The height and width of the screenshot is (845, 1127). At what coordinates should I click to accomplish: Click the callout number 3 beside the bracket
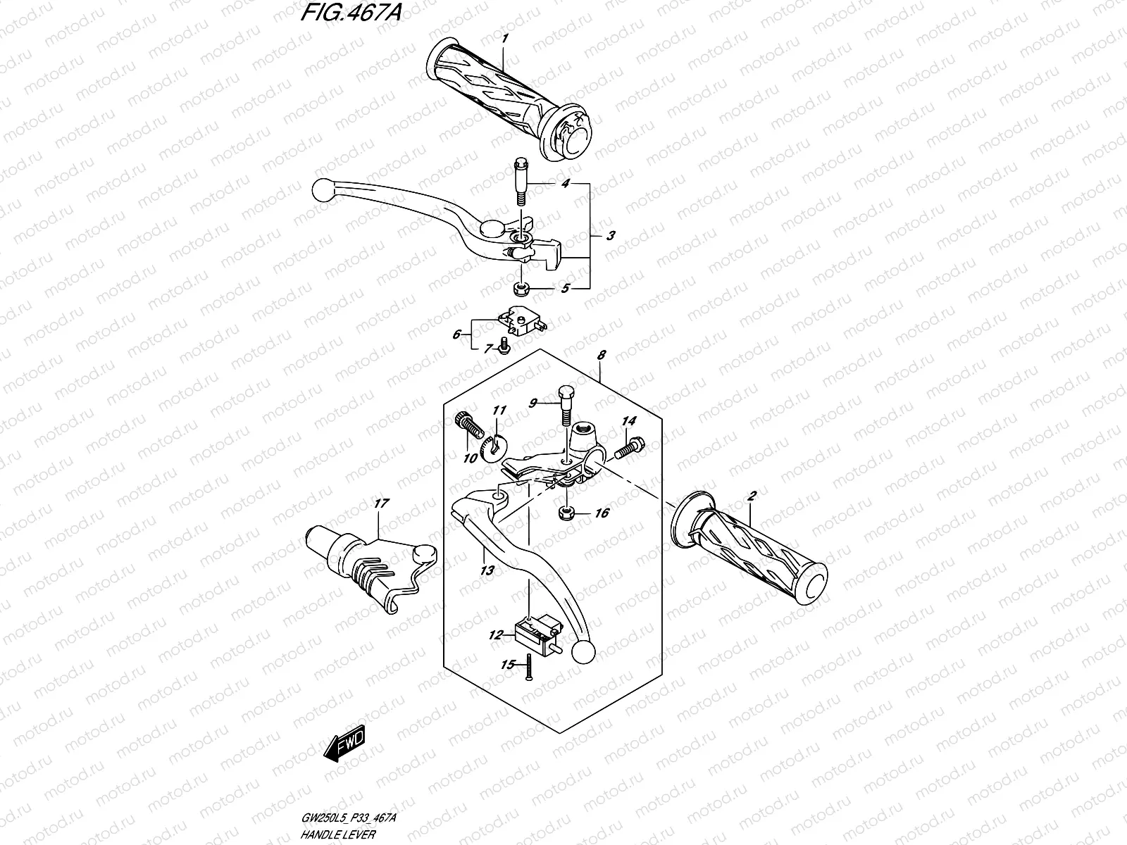click(x=610, y=236)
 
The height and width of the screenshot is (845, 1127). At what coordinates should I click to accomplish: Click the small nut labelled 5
click(x=522, y=288)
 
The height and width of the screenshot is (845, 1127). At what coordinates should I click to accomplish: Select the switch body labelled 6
click(x=523, y=323)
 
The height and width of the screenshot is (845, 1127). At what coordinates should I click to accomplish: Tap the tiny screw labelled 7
click(x=504, y=344)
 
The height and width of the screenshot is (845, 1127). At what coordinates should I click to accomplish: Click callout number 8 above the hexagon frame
click(x=601, y=357)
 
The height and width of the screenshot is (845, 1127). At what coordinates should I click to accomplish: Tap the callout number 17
click(x=381, y=504)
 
